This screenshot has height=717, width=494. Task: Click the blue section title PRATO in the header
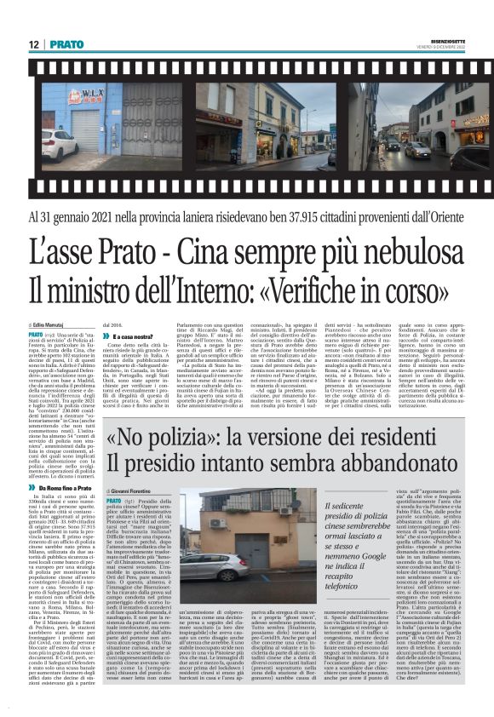66,43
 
